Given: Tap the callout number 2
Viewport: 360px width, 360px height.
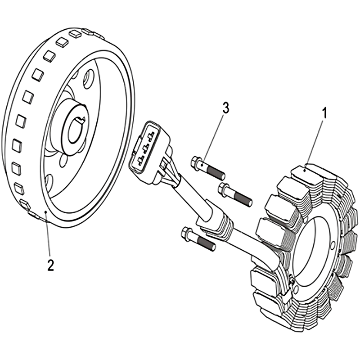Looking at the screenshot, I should click(x=50, y=265).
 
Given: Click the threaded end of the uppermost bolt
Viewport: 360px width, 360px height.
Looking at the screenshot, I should click(x=216, y=172).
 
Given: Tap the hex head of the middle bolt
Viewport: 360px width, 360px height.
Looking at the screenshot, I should click(x=224, y=189).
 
